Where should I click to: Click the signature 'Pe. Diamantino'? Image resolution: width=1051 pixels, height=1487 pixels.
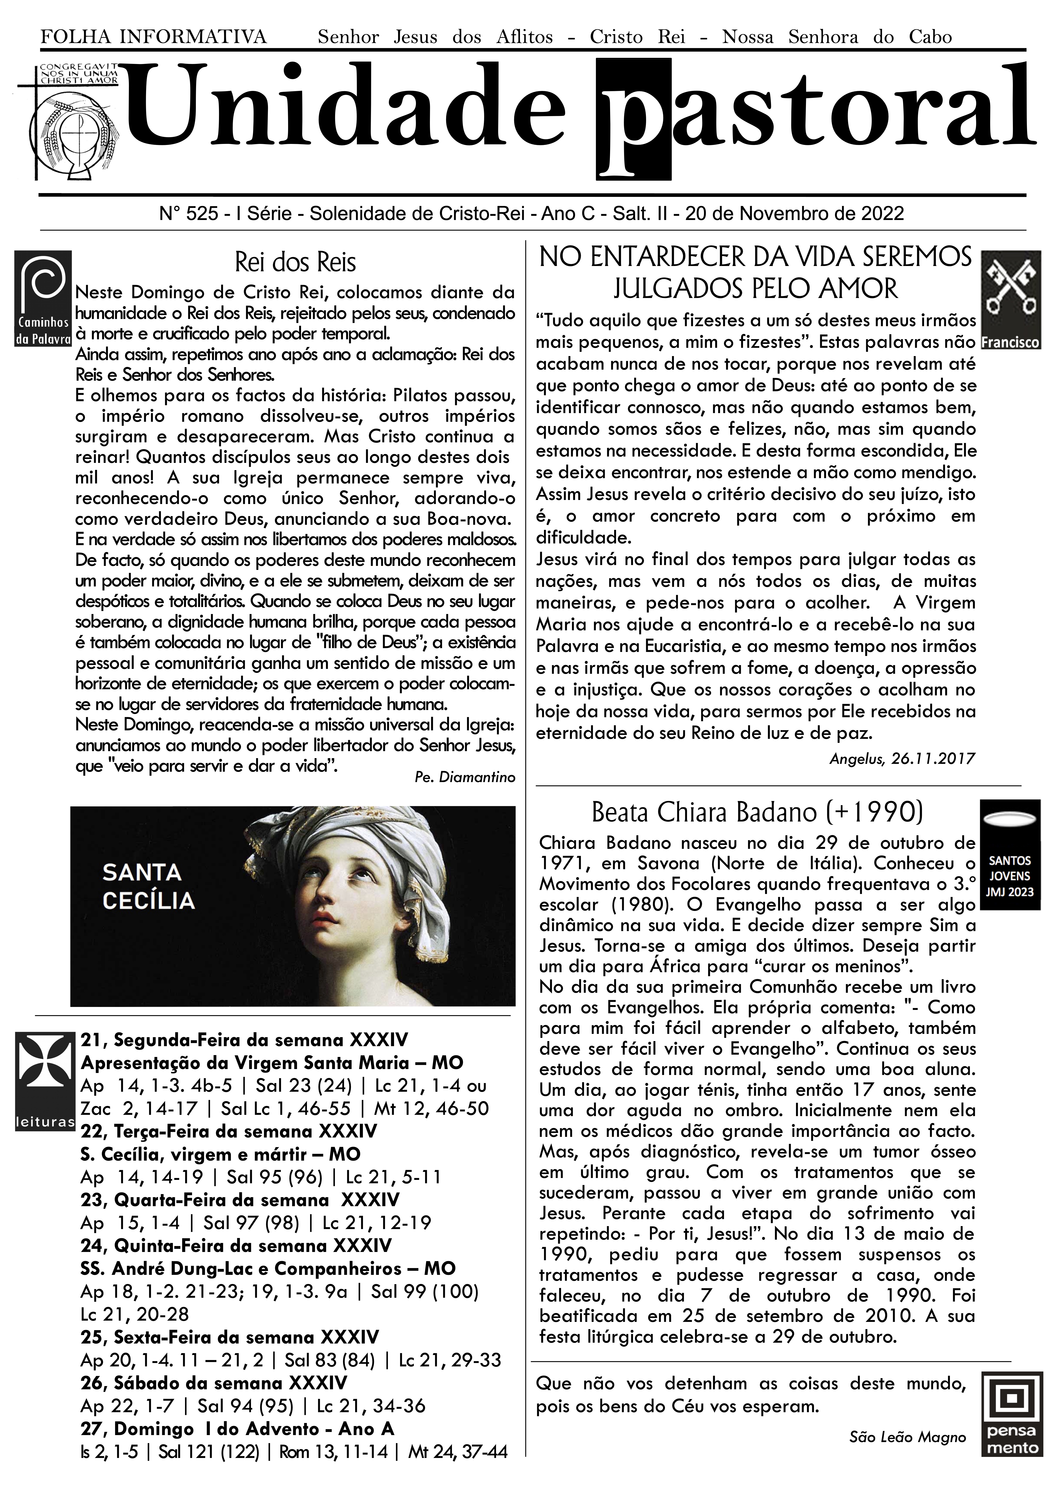pyautogui.click(x=465, y=777)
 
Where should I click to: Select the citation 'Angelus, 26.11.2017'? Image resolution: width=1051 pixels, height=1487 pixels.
pyautogui.click(x=902, y=758)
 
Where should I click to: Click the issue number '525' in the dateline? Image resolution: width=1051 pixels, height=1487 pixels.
pyautogui.click(x=201, y=214)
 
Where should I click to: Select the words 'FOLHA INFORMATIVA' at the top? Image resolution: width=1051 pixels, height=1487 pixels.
pyautogui.click(x=153, y=37)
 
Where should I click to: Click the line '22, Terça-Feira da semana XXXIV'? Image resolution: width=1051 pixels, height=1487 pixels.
pyautogui.click(x=229, y=1131)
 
